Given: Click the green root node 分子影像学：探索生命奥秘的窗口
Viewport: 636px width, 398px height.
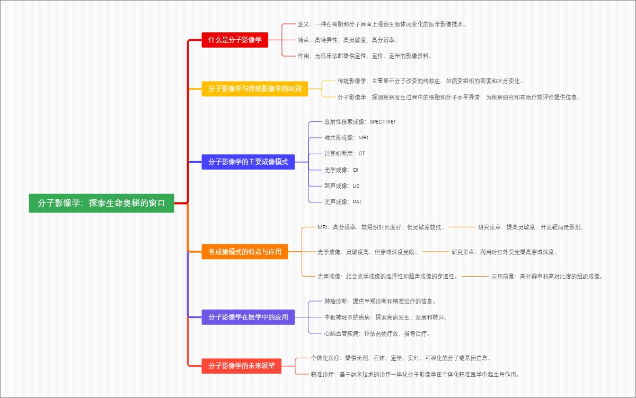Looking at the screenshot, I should [x=101, y=203].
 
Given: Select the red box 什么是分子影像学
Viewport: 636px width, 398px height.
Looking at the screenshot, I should [x=235, y=40].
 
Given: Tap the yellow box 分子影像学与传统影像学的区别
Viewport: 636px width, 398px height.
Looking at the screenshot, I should [x=254, y=89].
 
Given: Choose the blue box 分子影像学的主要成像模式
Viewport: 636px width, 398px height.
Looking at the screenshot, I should [x=248, y=162].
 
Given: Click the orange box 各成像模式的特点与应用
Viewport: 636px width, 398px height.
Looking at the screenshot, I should [x=244, y=252].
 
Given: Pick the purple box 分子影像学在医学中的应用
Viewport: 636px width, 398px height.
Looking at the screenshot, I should [x=248, y=317].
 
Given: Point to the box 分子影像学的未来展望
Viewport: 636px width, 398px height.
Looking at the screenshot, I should [x=241, y=366].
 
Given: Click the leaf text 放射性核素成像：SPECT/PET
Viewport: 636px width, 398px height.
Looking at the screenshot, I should [x=360, y=122].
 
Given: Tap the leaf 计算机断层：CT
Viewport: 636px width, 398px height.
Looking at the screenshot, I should [x=344, y=154].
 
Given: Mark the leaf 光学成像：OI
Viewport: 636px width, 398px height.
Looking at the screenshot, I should [x=341, y=170].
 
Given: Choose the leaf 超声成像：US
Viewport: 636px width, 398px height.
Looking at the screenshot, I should [x=342, y=186].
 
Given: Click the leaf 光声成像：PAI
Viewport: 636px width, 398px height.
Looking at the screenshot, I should [x=342, y=202].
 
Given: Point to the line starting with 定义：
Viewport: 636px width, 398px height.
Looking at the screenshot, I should [x=382, y=24].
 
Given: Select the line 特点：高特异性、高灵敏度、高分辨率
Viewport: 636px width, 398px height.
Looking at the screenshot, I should [x=348, y=40].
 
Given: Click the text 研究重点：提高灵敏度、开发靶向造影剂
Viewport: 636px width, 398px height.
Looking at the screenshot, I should [x=531, y=227].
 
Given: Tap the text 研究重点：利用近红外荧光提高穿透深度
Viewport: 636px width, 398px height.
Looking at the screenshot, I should [x=505, y=252].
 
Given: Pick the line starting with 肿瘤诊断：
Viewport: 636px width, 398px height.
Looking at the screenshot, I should [x=379, y=301].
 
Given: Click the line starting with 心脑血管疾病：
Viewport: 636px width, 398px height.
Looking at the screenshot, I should [x=377, y=334].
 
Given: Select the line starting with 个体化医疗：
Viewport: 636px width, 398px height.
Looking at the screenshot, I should [x=396, y=358].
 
